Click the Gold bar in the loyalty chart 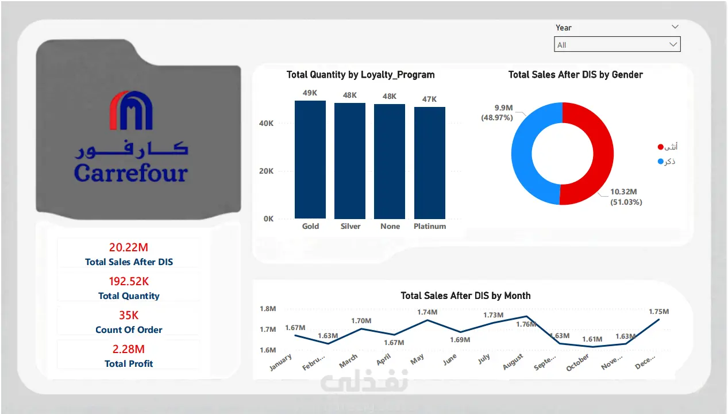tap(310, 159)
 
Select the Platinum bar tap(430, 163)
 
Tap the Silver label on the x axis tap(350, 226)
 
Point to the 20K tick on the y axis tap(266, 171)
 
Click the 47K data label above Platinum tap(429, 99)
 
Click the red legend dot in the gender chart tap(660, 147)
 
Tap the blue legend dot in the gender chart tap(660, 162)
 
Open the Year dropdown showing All tap(617, 44)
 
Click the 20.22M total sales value tap(129, 247)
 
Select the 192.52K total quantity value tap(129, 281)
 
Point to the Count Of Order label tap(129, 330)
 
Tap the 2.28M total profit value tap(129, 349)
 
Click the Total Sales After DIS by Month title tap(465, 296)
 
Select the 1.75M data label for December tap(659, 312)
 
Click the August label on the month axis tap(513, 362)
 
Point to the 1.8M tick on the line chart tap(268, 309)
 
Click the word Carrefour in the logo tap(131, 172)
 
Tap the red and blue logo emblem tap(131, 110)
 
